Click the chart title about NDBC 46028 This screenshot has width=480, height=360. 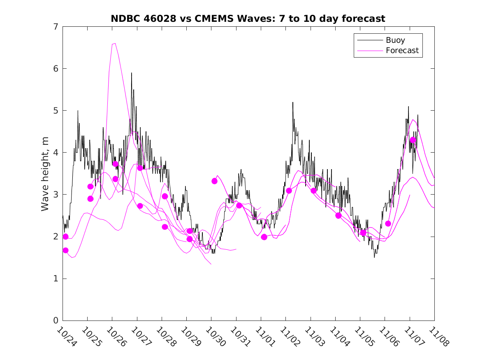(248, 19)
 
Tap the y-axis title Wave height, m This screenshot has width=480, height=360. (45, 173)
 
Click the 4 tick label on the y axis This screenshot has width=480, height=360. (55, 153)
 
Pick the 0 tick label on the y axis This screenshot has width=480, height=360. (55, 321)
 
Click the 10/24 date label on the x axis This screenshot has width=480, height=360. (65, 336)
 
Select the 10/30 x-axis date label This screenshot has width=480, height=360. (214, 336)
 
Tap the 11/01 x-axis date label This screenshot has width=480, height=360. (264, 336)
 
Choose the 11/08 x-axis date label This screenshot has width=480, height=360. (437, 336)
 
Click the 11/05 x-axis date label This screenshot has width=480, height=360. (363, 336)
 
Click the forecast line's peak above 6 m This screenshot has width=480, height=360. (114, 43)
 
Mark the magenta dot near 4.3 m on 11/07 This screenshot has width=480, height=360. (413, 140)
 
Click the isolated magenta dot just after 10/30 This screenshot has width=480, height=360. (214, 181)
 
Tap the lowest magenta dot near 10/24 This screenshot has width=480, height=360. (65, 250)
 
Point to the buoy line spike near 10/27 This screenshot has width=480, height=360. (132, 73)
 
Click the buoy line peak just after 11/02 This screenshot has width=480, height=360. (293, 102)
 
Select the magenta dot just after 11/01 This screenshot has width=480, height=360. (264, 237)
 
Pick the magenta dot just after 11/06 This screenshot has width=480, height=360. (388, 223)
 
